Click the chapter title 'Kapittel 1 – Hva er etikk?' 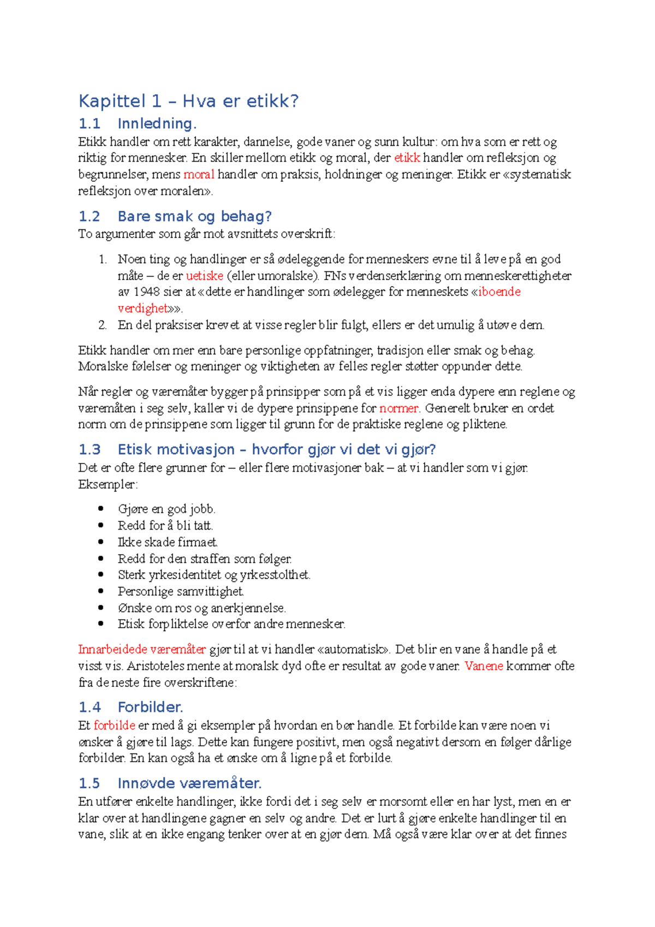[x=188, y=101]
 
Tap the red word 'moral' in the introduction [x=199, y=175]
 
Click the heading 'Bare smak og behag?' [x=194, y=217]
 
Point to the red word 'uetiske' [x=205, y=276]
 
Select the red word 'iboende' [x=499, y=292]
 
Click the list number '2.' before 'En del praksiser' [x=103, y=325]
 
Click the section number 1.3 [x=90, y=450]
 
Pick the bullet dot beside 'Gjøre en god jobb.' [x=101, y=509]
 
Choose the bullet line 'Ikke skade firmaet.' [x=168, y=542]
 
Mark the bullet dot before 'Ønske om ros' [x=101, y=608]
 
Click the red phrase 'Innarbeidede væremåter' [x=142, y=650]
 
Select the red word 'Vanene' [x=484, y=666]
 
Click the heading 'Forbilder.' [x=150, y=708]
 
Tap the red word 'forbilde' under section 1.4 [x=114, y=726]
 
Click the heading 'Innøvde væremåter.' [x=189, y=784]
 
